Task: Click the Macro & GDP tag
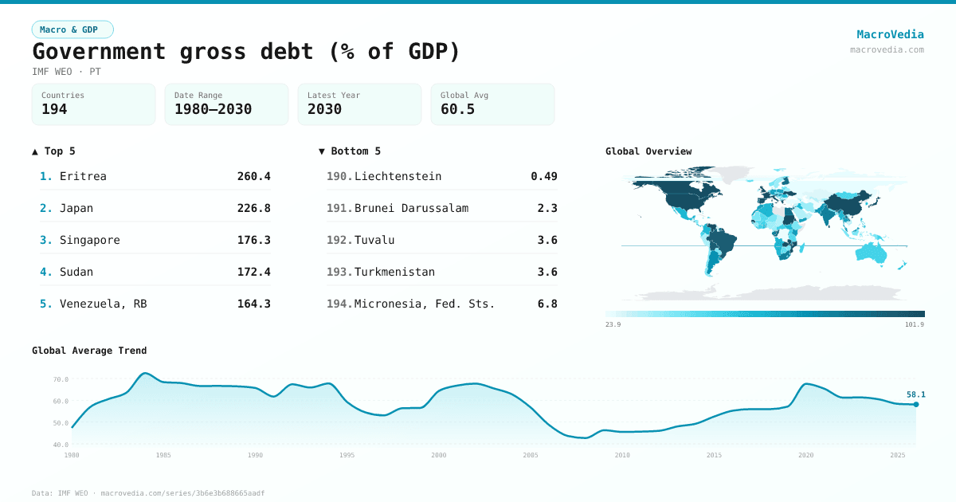click(72, 29)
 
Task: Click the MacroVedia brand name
click(890, 34)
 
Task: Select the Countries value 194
click(54, 109)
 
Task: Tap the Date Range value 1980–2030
click(213, 109)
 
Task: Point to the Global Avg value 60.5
click(457, 109)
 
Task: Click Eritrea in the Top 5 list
click(83, 176)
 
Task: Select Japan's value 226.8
click(253, 208)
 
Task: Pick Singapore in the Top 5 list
click(89, 240)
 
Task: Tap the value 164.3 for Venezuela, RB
click(253, 304)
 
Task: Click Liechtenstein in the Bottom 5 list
click(398, 176)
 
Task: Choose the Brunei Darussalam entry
click(411, 208)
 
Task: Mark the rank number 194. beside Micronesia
click(339, 304)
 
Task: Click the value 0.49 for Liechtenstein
click(544, 176)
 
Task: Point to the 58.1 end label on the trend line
click(915, 394)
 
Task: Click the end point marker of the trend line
click(915, 405)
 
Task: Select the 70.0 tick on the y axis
click(61, 379)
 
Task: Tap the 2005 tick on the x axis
click(531, 455)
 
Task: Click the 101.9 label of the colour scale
click(915, 324)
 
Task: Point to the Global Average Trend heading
click(89, 351)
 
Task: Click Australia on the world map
click(871, 252)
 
